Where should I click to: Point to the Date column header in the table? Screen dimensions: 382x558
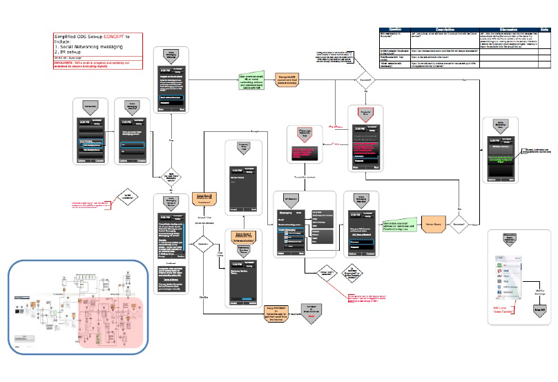(x=545, y=29)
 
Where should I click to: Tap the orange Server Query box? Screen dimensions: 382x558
(x=427, y=224)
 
